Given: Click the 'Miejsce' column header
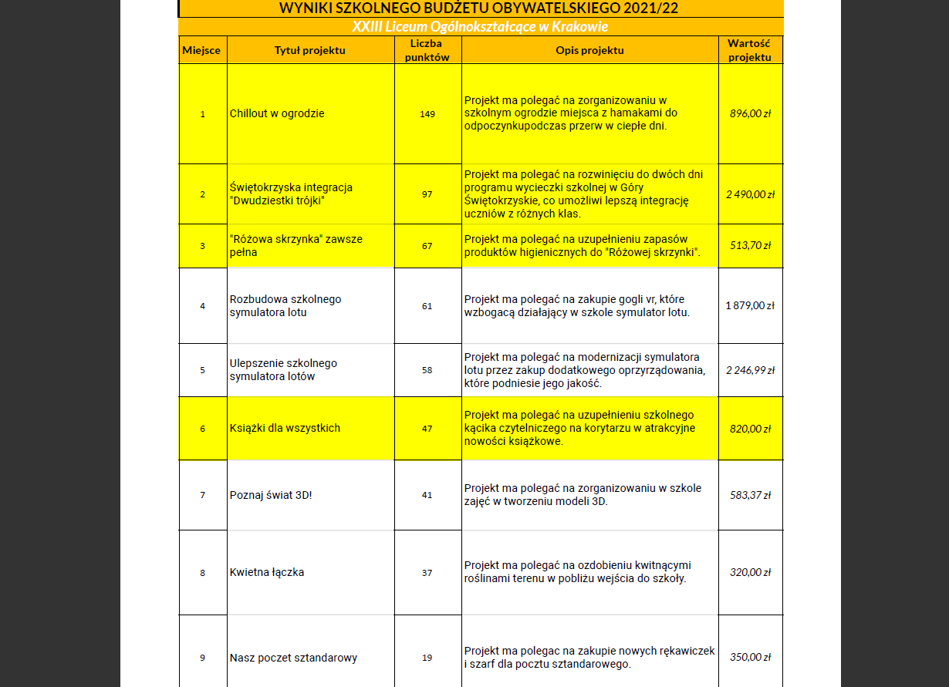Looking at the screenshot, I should (x=201, y=50).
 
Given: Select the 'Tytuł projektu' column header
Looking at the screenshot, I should (x=310, y=50).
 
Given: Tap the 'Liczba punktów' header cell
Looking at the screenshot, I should (x=427, y=50).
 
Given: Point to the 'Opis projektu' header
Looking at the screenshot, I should (x=589, y=50).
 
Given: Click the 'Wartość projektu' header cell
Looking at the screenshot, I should (x=750, y=50).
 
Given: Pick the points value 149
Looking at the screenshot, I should (x=427, y=113).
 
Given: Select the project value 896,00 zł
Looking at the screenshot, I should (x=751, y=113).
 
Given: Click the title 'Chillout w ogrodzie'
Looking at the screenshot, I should (x=277, y=113).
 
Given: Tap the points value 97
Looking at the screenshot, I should (x=427, y=194).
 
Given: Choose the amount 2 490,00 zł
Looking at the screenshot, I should (x=751, y=194).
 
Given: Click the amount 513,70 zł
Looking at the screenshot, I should (x=751, y=245).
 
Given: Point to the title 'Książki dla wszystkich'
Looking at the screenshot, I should (x=285, y=428).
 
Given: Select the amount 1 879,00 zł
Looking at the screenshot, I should (x=750, y=305).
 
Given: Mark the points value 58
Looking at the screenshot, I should (x=427, y=370).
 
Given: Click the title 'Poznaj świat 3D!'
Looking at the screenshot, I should (x=271, y=495).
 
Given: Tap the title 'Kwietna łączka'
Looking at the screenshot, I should (x=267, y=572).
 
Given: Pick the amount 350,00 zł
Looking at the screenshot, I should (x=751, y=658).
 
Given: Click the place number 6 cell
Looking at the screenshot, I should (x=202, y=428).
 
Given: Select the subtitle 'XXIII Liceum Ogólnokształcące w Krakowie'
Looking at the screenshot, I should (x=480, y=27).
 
